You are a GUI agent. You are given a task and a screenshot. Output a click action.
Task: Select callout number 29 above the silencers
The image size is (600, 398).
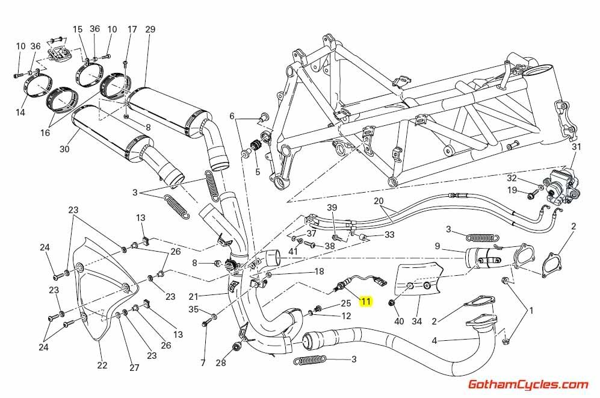tap(150, 30)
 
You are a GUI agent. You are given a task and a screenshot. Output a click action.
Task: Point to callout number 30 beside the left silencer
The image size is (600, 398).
tap(65, 149)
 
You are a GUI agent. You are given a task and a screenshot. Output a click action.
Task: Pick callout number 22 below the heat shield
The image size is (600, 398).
tap(102, 365)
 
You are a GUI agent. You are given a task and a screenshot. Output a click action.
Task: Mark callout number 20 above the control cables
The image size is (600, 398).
tap(378, 201)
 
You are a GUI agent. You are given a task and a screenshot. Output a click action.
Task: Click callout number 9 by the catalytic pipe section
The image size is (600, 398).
tap(438, 246)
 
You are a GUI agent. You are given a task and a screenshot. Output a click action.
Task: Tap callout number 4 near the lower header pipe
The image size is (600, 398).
tap(434, 340)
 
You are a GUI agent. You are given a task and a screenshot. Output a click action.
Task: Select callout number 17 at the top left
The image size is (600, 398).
tap(132, 30)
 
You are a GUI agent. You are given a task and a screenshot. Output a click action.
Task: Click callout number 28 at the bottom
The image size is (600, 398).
tap(221, 362)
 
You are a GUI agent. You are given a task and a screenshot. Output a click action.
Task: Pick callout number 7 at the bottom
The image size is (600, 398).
tap(203, 362)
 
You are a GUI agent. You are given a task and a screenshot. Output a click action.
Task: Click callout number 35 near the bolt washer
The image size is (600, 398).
tap(193, 309)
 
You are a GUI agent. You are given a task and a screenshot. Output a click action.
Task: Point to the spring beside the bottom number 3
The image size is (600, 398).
tap(309, 360)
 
